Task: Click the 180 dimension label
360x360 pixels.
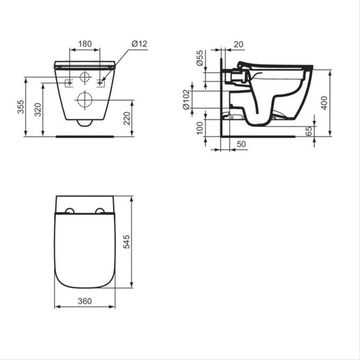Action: click(85, 44)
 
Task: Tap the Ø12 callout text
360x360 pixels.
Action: click(139, 44)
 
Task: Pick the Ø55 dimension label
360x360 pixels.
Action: click(200, 59)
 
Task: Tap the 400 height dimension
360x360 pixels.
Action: click(323, 103)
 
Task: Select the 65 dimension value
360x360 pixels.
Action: click(309, 131)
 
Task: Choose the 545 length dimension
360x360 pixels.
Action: click(126, 242)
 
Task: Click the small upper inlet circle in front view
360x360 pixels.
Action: click(85, 78)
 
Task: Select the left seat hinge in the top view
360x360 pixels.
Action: click(69, 211)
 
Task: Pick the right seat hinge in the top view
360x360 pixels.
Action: click(100, 211)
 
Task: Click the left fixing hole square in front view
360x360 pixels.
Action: click(68, 83)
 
